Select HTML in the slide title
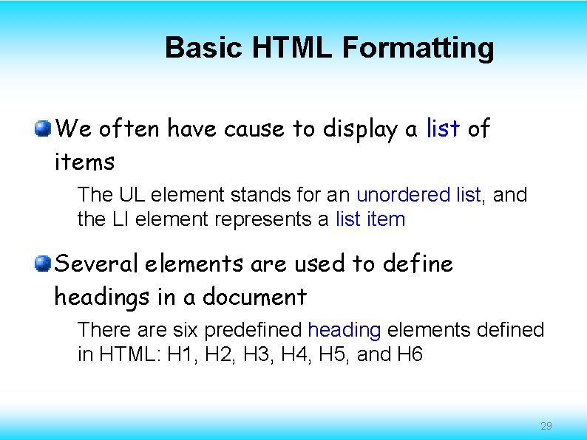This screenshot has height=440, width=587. [293, 48]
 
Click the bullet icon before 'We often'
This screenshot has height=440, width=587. [44, 129]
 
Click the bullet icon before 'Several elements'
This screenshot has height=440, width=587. [44, 264]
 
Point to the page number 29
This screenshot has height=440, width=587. [546, 426]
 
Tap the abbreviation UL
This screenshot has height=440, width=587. [129, 195]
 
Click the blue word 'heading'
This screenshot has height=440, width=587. [344, 330]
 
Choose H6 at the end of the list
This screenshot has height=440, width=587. [410, 354]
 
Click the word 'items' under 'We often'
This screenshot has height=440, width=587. [84, 162]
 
